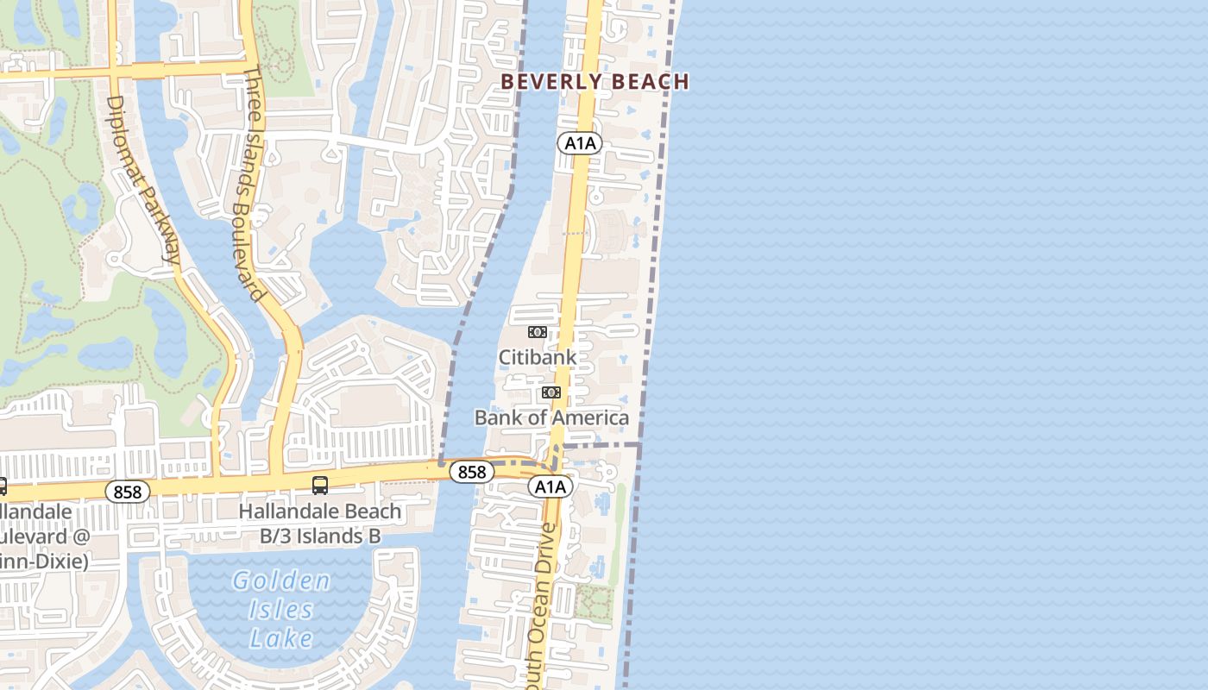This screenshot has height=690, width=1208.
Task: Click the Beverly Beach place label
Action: point(595,82)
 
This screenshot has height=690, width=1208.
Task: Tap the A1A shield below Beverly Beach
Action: point(579,143)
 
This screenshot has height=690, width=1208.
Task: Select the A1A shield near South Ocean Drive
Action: point(550,487)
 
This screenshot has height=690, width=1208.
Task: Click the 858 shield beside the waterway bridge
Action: point(472,472)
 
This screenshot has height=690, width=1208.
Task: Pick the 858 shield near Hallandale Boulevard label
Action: point(128,492)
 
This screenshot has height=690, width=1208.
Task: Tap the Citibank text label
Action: point(537,357)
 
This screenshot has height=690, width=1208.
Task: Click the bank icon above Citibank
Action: point(537,332)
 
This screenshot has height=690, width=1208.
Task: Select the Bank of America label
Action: point(551,418)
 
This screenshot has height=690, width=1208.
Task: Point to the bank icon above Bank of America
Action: point(551,392)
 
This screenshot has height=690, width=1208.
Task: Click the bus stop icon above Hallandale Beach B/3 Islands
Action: point(319,486)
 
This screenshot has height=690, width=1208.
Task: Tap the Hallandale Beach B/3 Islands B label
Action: point(320,524)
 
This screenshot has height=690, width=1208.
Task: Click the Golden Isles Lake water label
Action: point(281,609)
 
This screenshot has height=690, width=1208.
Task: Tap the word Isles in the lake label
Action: point(281,610)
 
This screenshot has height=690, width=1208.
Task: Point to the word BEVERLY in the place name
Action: point(551,82)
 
